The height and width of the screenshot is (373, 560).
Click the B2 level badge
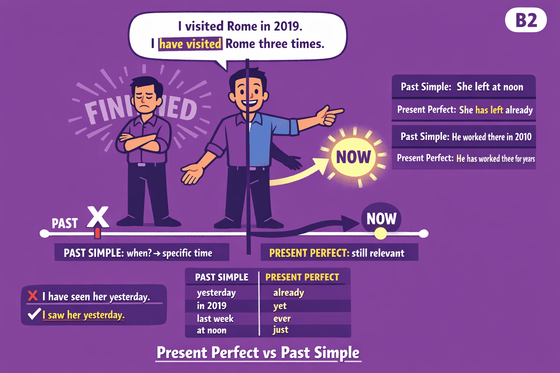pos(526,20)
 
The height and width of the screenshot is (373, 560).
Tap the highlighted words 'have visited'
pos(190,44)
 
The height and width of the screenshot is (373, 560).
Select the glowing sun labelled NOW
pos(353,157)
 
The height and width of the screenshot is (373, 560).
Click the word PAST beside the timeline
pos(65,223)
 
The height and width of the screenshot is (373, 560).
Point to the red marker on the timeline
pos(97,233)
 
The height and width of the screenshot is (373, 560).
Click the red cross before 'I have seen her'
pos(33,295)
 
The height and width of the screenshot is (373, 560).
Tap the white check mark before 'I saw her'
pos(34,314)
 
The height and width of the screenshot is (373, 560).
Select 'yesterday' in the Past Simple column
pos(216,293)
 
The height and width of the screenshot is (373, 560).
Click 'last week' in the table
pos(215,319)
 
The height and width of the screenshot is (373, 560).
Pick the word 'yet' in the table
pos(280,306)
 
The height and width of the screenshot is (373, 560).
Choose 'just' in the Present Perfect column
pos(280,330)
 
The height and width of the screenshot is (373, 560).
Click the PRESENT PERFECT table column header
pos(302,277)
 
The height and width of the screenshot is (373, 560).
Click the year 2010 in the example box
pos(523,137)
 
